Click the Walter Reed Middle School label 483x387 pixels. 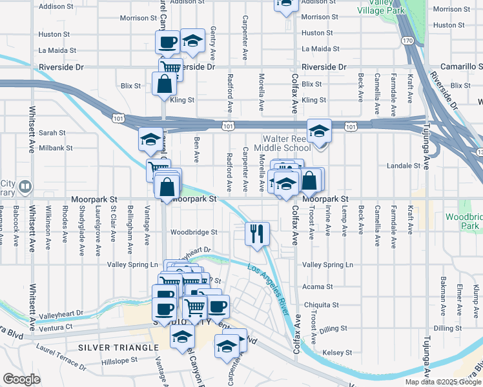click(287, 143)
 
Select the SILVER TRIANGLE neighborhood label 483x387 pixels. click(118, 348)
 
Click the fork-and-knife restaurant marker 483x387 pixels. click(257, 233)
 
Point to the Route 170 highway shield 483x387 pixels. click(406, 41)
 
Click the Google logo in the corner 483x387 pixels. click(21, 379)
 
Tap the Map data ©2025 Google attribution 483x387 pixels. click(443, 382)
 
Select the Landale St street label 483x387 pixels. click(403, 166)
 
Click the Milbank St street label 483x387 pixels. click(56, 148)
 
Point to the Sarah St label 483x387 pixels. click(52, 132)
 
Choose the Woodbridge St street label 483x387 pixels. click(194, 232)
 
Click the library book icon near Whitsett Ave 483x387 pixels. click(25, 186)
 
